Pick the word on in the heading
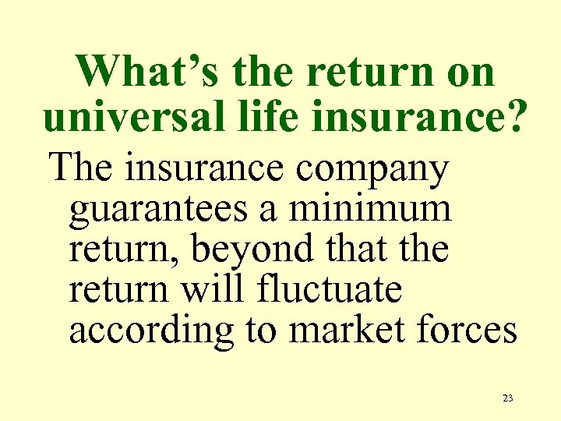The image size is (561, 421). (x=466, y=72)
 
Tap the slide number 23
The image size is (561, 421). (x=507, y=398)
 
